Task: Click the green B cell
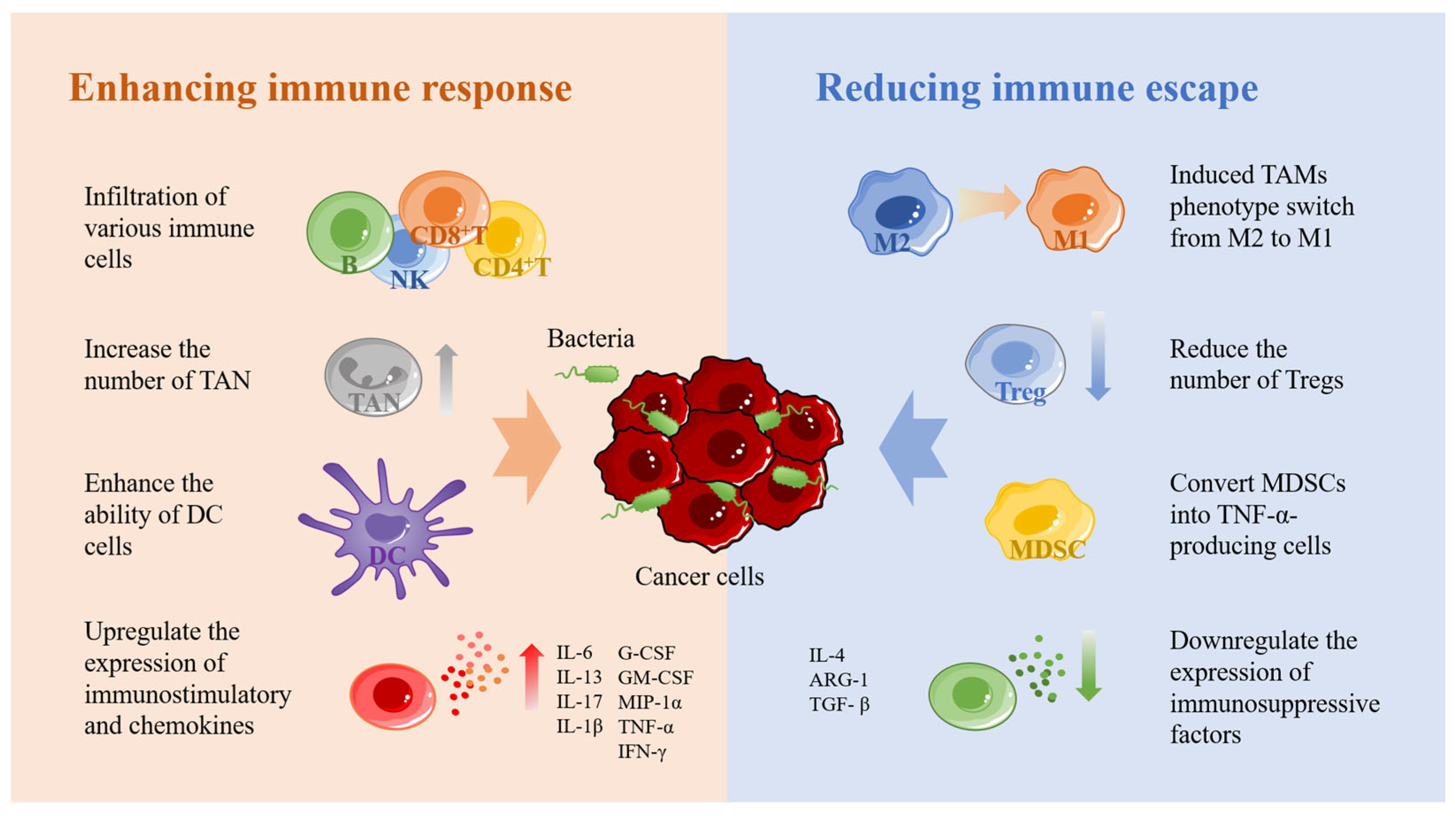click(x=350, y=232)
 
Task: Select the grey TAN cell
click(x=373, y=377)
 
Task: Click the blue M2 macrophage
click(x=900, y=211)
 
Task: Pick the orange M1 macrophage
click(x=1075, y=209)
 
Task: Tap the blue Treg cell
click(x=1016, y=362)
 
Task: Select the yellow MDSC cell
click(x=1039, y=519)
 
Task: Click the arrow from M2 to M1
click(x=989, y=202)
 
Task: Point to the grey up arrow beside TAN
click(x=446, y=379)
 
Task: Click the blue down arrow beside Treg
click(x=1098, y=356)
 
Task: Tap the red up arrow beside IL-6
click(x=531, y=676)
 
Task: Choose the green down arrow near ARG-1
click(x=1088, y=666)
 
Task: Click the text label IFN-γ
click(x=642, y=751)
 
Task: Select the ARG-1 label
click(x=838, y=679)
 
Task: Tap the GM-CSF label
click(x=656, y=677)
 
